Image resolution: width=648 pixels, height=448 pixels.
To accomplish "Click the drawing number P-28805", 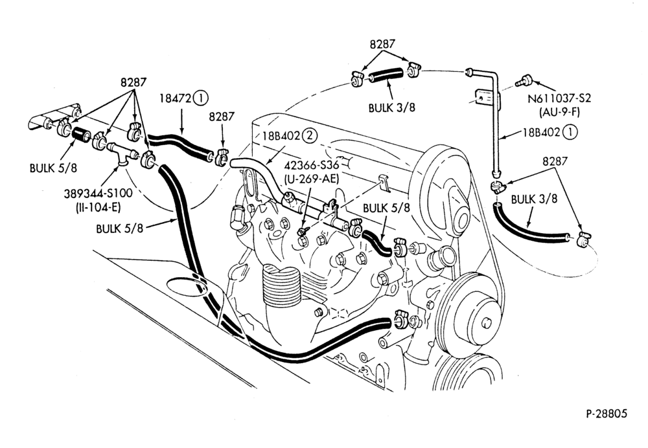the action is click(607, 413).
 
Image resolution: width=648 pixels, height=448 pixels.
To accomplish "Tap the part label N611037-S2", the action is click(560, 98).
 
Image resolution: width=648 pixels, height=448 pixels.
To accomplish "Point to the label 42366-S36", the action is click(312, 165).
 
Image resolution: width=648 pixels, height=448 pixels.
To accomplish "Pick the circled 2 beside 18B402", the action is click(310, 135).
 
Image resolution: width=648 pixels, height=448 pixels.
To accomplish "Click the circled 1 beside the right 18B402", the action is click(570, 132).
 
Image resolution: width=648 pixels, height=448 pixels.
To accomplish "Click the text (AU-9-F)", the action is click(559, 111).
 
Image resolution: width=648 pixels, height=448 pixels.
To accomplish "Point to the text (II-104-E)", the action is click(98, 207).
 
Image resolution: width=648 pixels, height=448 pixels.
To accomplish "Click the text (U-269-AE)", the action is click(311, 179).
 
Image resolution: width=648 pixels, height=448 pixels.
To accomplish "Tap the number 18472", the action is click(175, 98).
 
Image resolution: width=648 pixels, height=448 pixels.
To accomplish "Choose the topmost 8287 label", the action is click(382, 44).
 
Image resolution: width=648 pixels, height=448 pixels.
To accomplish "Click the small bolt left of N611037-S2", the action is click(524, 80).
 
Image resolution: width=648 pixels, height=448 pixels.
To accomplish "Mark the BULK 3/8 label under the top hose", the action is click(392, 107).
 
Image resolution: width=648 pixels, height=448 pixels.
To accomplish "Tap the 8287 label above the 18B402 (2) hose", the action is click(222, 117).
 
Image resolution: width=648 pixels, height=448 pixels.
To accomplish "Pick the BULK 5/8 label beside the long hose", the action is click(119, 229).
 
